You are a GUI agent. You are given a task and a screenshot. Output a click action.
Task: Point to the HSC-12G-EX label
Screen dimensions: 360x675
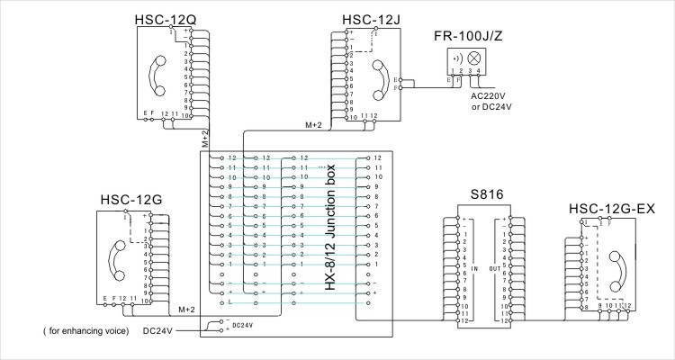pos(611,210)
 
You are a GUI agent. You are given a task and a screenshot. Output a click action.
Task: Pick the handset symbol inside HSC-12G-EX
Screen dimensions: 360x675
pos(616,268)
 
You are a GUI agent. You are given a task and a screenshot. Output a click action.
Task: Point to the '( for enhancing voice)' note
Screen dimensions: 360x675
pos(85,330)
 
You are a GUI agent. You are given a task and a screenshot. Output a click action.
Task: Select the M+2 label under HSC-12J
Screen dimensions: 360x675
pos(313,126)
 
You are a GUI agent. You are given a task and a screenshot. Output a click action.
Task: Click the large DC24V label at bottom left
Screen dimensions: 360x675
pos(159,330)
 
